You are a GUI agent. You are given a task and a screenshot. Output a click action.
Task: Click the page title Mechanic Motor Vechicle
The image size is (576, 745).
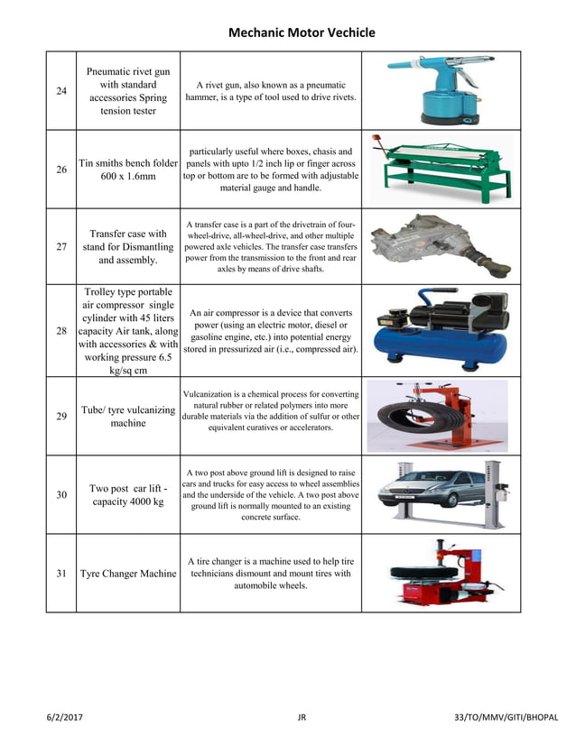301,32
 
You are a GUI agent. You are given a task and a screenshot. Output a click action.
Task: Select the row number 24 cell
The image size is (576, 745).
61,91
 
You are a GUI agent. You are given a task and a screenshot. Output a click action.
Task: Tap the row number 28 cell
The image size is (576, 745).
61,331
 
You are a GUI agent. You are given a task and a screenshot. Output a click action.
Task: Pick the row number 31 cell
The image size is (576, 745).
61,574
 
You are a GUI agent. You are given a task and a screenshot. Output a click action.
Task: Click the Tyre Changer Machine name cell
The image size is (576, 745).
128,574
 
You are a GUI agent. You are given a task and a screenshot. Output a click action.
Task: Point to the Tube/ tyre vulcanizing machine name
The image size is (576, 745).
128,416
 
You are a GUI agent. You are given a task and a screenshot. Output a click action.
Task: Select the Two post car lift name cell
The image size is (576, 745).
128,494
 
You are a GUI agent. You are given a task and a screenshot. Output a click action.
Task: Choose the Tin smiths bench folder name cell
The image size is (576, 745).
128,170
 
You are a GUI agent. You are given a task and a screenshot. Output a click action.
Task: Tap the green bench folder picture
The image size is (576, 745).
442,170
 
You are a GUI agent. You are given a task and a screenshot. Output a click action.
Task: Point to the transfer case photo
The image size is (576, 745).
440,244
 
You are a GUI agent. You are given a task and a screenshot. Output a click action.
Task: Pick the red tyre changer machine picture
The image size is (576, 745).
440,574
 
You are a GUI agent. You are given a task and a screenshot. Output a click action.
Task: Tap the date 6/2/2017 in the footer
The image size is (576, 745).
66,718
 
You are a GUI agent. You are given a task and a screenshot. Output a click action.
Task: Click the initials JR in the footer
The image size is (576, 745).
302,718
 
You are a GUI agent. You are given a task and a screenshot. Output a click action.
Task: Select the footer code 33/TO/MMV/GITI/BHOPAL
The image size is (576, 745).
506,718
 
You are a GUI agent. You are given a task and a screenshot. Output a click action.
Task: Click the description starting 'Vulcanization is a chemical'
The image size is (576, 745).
271,410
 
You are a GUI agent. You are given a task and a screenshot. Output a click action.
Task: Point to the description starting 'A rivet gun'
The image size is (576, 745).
271,90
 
